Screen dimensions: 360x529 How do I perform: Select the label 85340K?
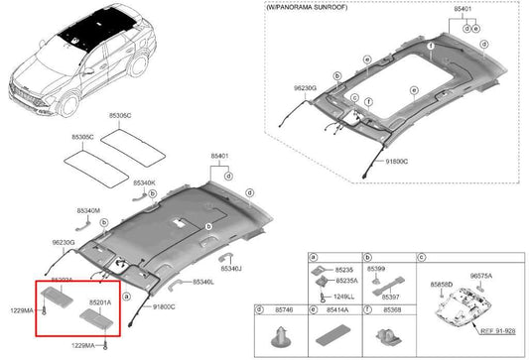pos(144,182)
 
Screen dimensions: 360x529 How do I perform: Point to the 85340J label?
pos(231,269)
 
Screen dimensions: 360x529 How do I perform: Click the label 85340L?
pos(204,283)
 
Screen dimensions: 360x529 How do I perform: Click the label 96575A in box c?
pos(480,276)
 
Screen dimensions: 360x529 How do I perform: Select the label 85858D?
pos(443,285)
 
